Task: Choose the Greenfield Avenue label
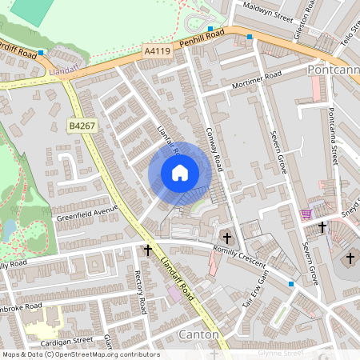(86, 212)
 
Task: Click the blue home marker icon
(180, 173)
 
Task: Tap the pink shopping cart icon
(306, 214)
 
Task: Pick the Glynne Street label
(280, 352)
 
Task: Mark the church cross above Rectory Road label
(147, 250)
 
